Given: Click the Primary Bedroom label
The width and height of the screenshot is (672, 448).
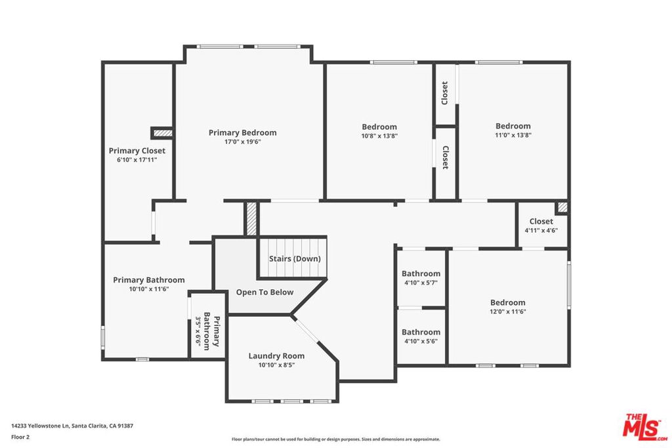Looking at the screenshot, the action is pyautogui.click(x=243, y=132).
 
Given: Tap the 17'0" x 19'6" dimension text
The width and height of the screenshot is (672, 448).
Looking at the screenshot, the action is pyautogui.click(x=243, y=142).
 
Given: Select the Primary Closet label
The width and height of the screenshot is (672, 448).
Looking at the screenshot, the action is pyautogui.click(x=136, y=151).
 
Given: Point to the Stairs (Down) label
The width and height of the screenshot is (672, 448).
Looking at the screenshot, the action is pyautogui.click(x=295, y=258).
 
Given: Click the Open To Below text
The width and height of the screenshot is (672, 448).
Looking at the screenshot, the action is pyautogui.click(x=265, y=293).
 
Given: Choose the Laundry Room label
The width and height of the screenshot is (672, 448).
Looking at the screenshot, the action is pyautogui.click(x=276, y=356).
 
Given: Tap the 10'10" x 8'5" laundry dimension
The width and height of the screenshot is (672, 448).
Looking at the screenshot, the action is pyautogui.click(x=276, y=365).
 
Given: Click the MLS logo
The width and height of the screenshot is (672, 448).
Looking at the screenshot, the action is pyautogui.click(x=644, y=427).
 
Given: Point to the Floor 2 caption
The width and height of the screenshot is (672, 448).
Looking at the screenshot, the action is pyautogui.click(x=20, y=438).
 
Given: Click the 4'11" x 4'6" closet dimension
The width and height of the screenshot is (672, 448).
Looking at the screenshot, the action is pyautogui.click(x=541, y=230).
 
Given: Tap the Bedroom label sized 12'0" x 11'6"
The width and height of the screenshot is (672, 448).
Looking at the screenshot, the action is pyautogui.click(x=508, y=302).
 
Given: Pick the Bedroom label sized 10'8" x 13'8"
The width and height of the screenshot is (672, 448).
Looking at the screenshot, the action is pyautogui.click(x=379, y=127).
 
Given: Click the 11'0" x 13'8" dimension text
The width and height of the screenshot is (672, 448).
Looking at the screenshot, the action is pyautogui.click(x=513, y=135).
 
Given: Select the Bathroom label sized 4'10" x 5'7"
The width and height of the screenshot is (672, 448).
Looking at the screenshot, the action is pyautogui.click(x=421, y=274).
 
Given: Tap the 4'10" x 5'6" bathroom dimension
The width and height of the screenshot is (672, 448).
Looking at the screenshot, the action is pyautogui.click(x=421, y=341).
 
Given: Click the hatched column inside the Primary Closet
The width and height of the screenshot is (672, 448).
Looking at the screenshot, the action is pyautogui.click(x=163, y=133).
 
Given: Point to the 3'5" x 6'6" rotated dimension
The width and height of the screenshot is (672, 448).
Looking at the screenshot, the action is pyautogui.click(x=198, y=334).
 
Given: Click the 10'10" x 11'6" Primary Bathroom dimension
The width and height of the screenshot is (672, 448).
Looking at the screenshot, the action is pyautogui.click(x=149, y=289).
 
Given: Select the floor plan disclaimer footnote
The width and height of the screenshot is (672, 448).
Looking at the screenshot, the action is pyautogui.click(x=336, y=439).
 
